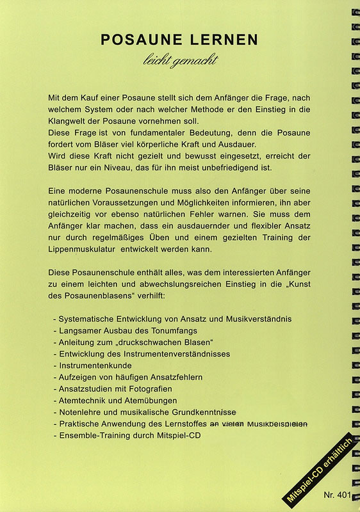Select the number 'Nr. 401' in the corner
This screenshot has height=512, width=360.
pos(337,494)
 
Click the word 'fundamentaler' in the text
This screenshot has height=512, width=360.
pos(143,133)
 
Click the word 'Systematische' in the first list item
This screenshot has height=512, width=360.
pos(85,318)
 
